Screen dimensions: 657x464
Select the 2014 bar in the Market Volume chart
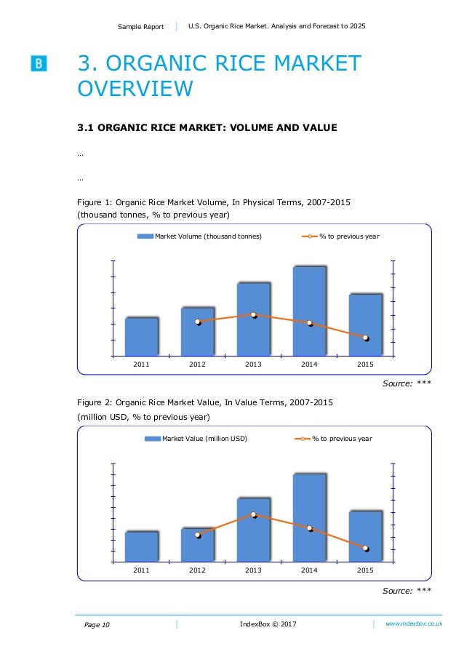pos(309,311)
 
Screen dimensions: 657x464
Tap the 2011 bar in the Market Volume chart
pos(142,336)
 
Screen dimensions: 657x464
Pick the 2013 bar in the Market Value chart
pos(253,530)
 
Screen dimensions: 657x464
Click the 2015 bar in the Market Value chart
pos(365,536)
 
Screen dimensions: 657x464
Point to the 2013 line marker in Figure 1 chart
pos(254,315)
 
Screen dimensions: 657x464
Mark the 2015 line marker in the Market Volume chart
pos(366,338)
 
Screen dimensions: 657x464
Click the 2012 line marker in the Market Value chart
pos(198,535)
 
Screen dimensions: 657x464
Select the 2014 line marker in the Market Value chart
pos(310,528)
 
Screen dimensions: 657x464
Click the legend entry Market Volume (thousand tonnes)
pos(200,236)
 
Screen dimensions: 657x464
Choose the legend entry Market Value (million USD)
pos(196,439)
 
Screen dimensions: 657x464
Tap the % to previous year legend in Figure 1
pos(340,236)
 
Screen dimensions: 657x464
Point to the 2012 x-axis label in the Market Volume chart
pos(197,364)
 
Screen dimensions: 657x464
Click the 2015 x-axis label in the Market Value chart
pos(365,570)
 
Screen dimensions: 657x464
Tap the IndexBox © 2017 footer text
pos(268,624)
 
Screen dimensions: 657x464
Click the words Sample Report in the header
pos(141,27)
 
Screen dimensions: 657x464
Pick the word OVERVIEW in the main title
pos(135,89)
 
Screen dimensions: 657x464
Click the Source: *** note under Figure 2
pos(407,590)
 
